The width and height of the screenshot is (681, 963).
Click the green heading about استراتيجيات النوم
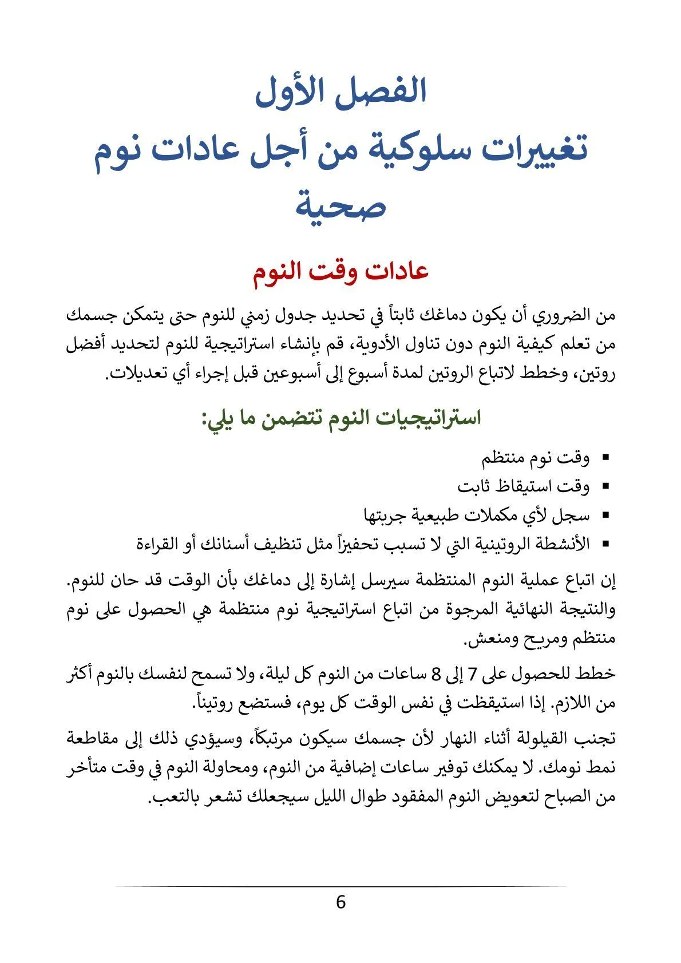pyautogui.click(x=340, y=418)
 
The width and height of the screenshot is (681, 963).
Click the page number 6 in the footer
pyautogui.click(x=340, y=902)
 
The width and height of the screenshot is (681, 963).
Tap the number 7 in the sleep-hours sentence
pyautogui.click(x=473, y=674)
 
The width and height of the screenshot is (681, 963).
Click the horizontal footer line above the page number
pyautogui.click(x=340, y=886)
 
